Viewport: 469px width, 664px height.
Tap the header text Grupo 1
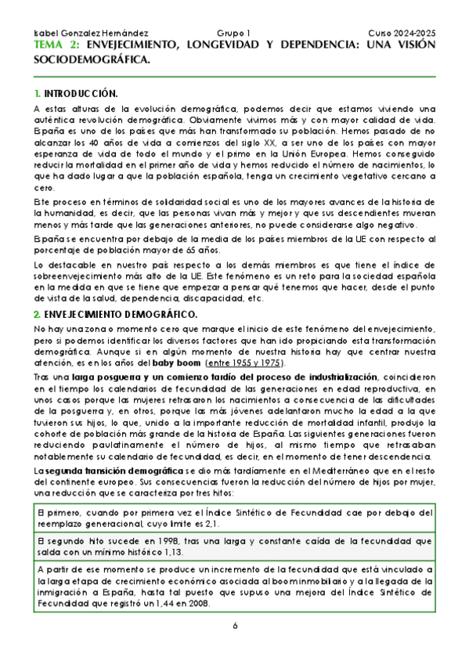click(234, 34)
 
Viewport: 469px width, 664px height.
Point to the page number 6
click(234, 626)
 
